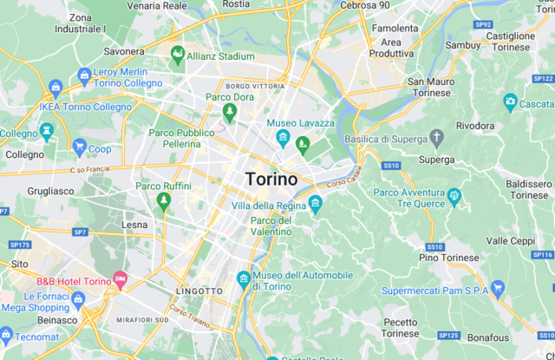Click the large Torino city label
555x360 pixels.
pos(271,180)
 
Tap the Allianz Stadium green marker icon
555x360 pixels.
pos(178,56)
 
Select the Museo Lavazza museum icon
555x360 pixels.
pos(283,139)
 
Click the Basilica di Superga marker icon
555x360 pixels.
pos(436,138)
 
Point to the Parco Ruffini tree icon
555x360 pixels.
pos(164,201)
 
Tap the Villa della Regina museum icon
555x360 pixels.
pos(315,205)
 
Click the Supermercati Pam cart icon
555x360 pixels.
pos(497,289)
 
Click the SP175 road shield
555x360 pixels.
pos(19,245)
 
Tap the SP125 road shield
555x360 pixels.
pos(448,335)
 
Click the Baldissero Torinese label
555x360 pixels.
pos(529,189)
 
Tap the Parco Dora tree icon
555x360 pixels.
pos(230,112)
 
